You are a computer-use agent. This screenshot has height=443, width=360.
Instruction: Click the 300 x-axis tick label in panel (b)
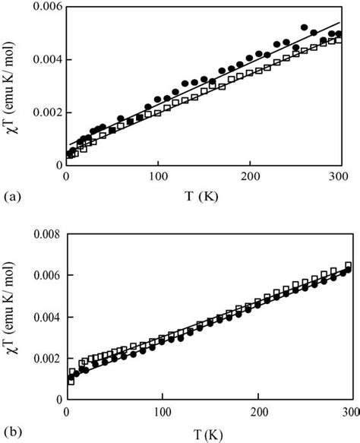350,412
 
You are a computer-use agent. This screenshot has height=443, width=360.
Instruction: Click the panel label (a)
11,196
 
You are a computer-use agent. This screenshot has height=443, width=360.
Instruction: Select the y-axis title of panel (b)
11,319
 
